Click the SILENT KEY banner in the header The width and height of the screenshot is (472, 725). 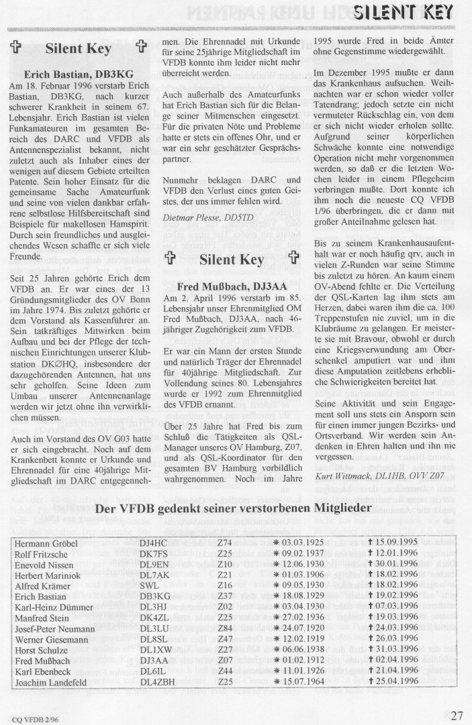[408, 11]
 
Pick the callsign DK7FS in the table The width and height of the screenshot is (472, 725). [154, 553]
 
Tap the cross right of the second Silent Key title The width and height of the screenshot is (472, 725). [293, 260]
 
